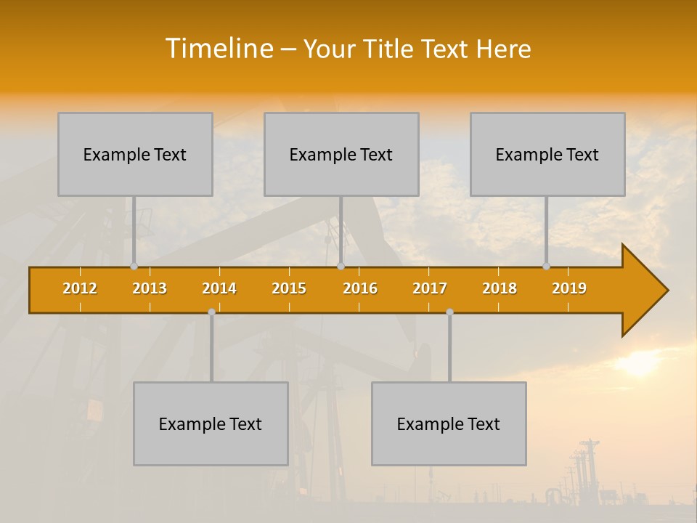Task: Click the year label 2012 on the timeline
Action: click(x=80, y=288)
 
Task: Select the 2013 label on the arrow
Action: click(x=150, y=288)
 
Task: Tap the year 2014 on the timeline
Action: click(x=219, y=288)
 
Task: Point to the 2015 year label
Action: click(x=289, y=288)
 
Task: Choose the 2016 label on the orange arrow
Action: click(x=360, y=288)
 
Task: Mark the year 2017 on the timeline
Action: click(x=430, y=288)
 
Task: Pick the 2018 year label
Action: click(x=500, y=288)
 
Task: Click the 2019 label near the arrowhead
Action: click(x=569, y=288)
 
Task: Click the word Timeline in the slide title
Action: click(x=218, y=49)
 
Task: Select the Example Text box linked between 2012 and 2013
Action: click(x=135, y=154)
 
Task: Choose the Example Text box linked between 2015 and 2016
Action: click(x=341, y=154)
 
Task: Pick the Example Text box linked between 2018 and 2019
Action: click(x=547, y=154)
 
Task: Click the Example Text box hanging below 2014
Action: click(x=211, y=423)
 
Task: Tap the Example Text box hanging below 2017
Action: click(x=449, y=423)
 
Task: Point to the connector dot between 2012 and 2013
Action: click(x=134, y=267)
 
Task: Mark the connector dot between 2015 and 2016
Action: click(x=341, y=267)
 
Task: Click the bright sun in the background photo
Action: click(x=639, y=363)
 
